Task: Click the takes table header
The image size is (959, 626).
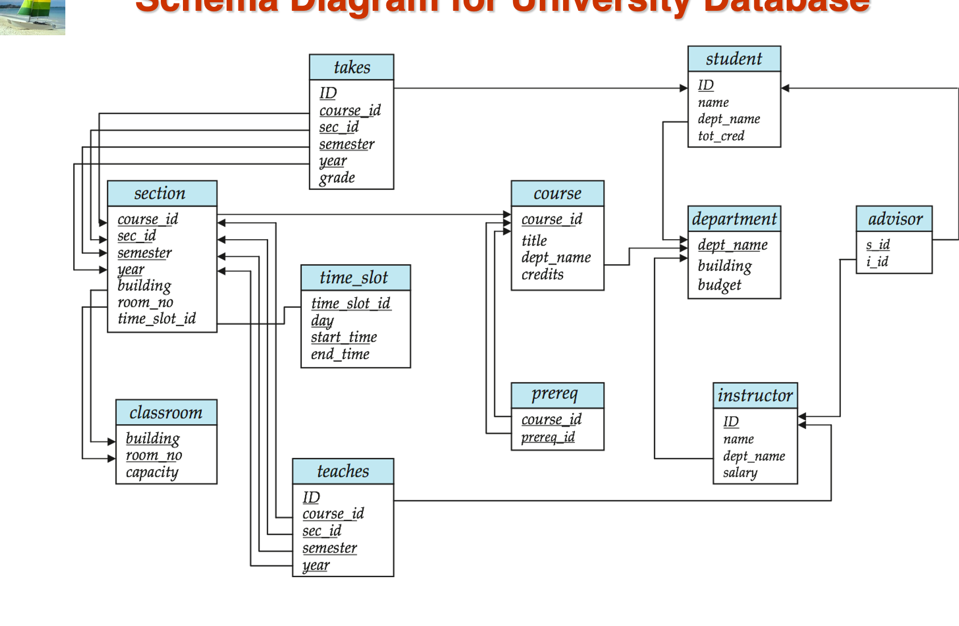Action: pos(352,68)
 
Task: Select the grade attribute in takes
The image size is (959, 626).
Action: pos(337,178)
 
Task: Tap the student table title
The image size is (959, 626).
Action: pos(734,59)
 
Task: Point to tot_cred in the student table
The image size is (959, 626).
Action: pos(721,136)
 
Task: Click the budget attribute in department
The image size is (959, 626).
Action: pos(719,285)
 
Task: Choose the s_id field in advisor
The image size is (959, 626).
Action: pos(878,245)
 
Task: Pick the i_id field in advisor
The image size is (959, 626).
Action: pos(877,262)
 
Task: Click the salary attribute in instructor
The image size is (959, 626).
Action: pos(740,473)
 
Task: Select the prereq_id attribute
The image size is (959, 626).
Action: pos(548,437)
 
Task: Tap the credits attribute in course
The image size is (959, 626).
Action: pos(543,274)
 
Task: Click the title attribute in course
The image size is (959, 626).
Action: pos(534,241)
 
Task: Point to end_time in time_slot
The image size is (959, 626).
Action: pos(340,354)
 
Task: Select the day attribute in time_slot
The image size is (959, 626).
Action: pos(322,321)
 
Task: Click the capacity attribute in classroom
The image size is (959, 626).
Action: pos(152,473)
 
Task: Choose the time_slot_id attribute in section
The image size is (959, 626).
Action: pos(156,319)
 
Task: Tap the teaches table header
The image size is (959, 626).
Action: pos(343,471)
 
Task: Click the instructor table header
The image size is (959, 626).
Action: pos(755,395)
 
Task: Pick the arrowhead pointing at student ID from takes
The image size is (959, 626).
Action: pos(683,88)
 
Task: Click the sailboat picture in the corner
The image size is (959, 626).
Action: pos(32,17)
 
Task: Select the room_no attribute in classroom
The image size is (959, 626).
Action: pos(153,456)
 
